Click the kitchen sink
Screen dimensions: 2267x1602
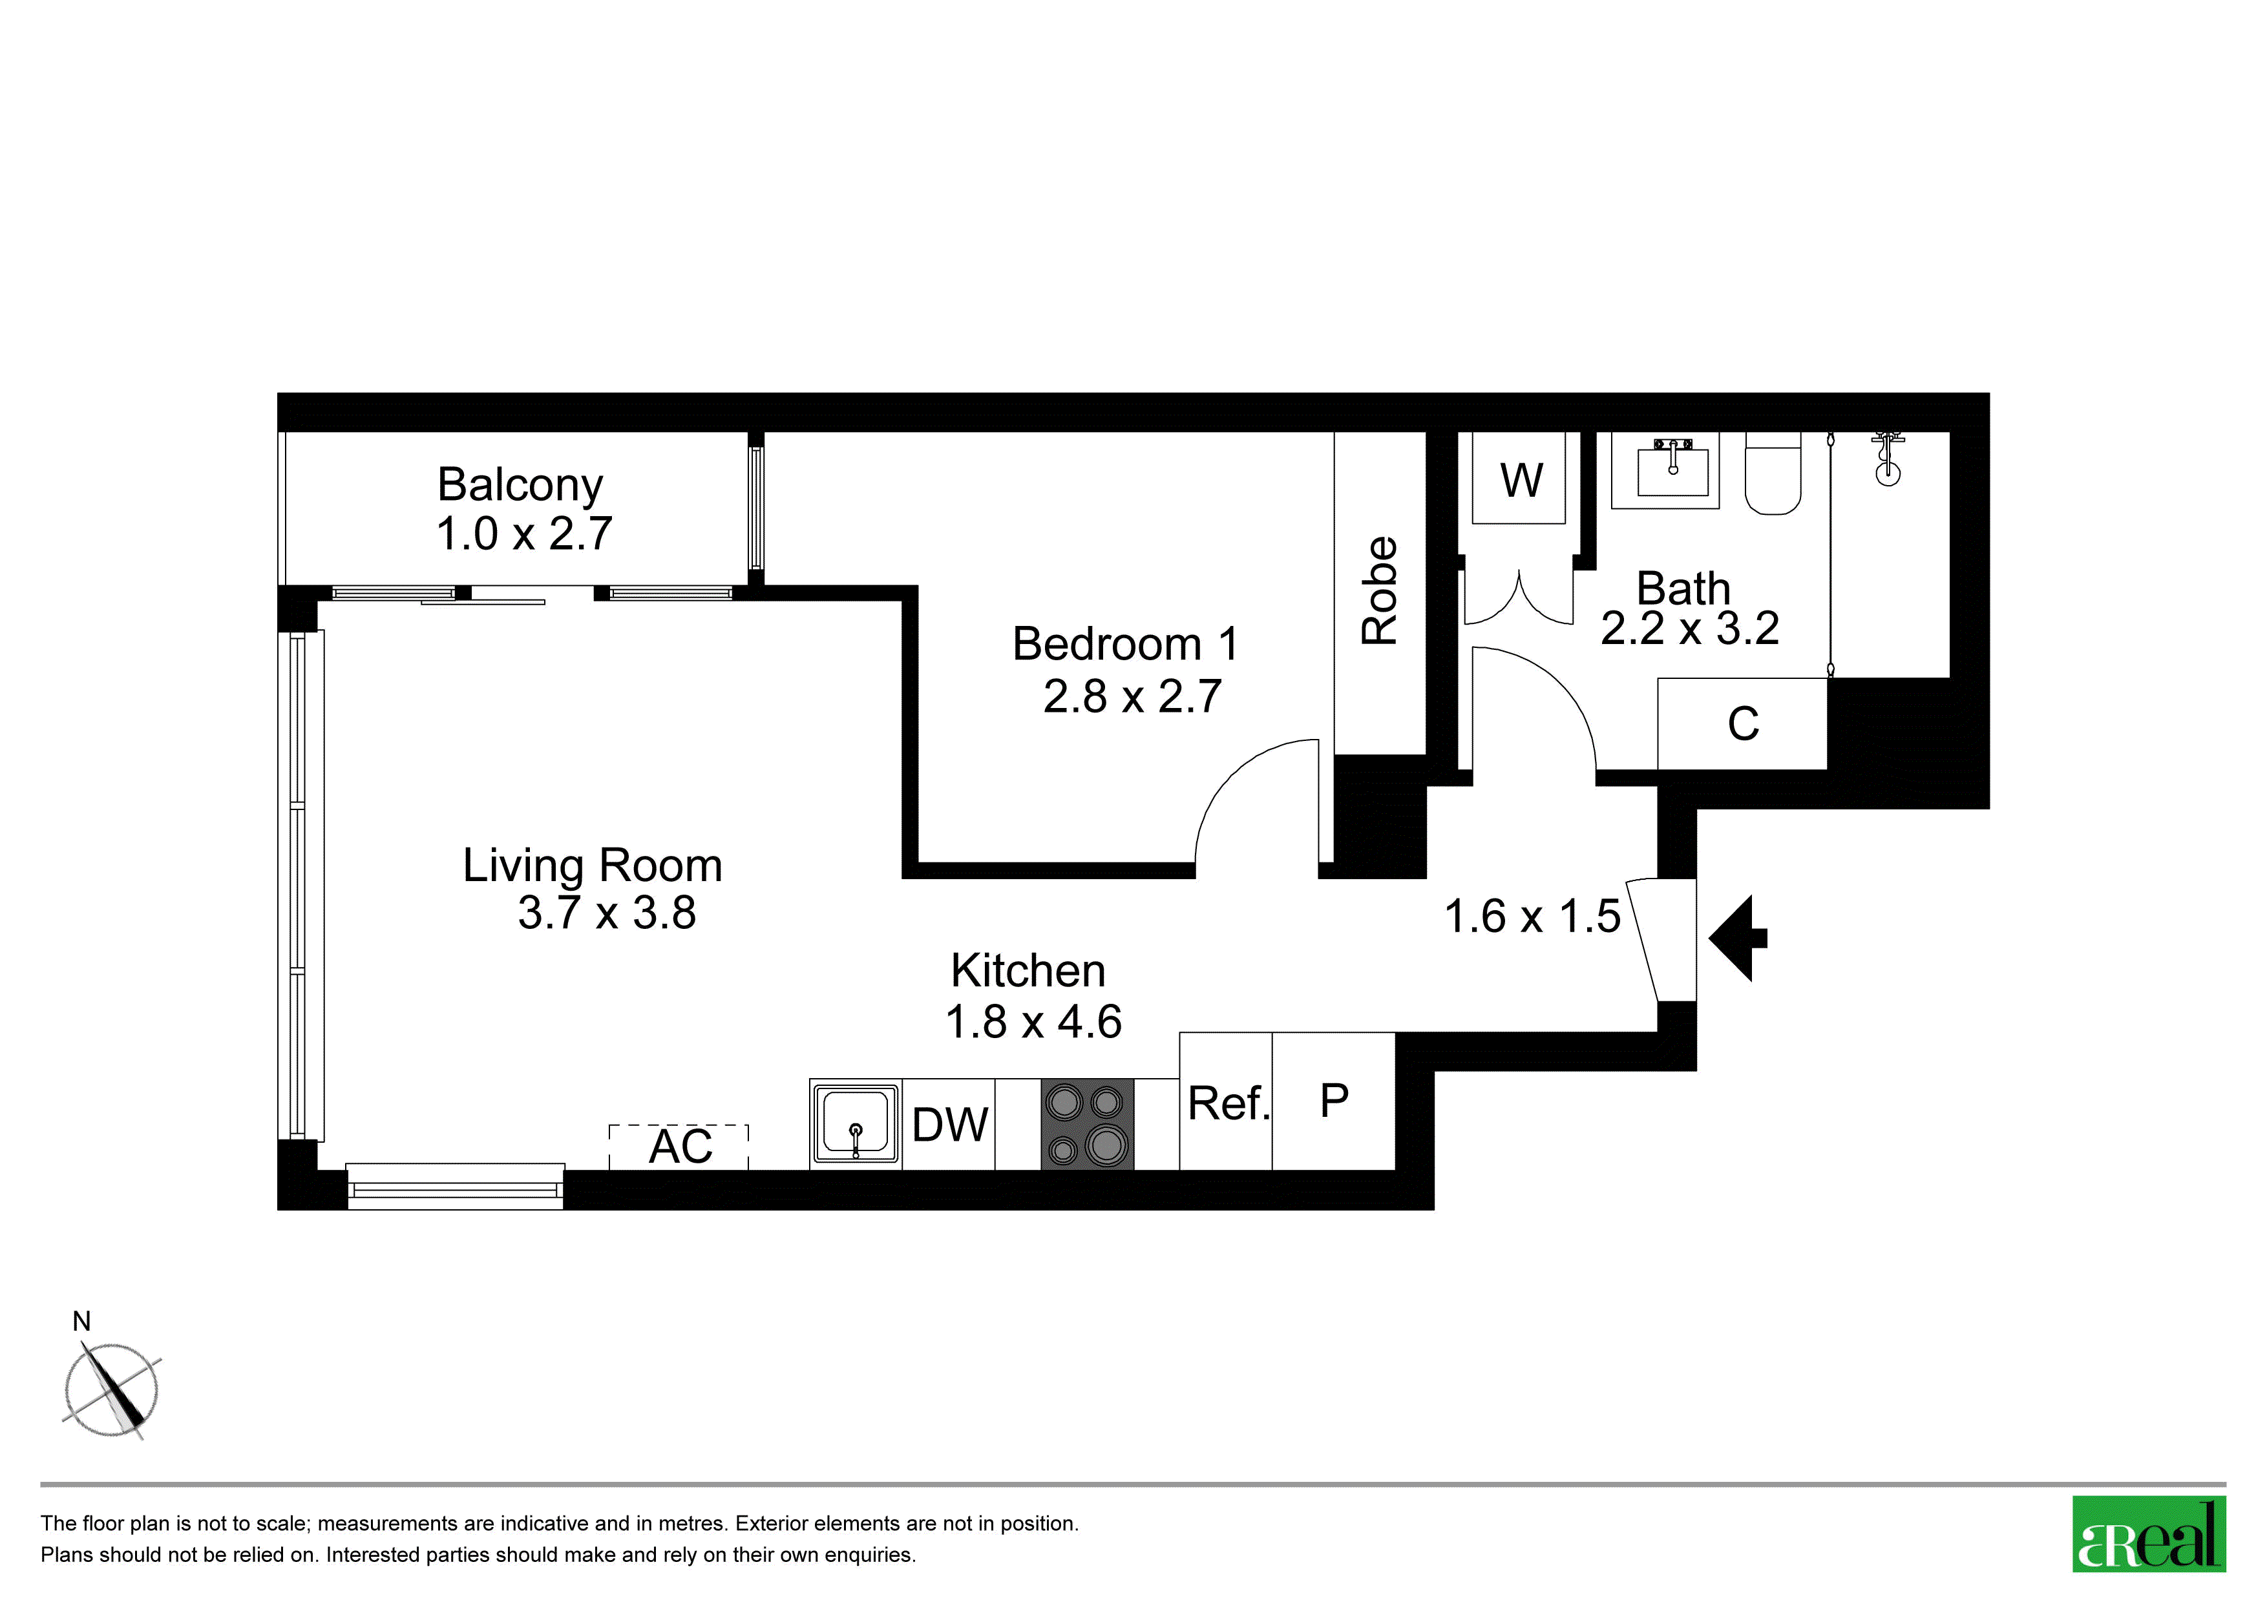(x=855, y=1124)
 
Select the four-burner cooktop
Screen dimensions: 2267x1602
(x=1087, y=1124)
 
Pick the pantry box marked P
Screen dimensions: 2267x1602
(x=1334, y=1101)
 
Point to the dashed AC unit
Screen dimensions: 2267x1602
(x=679, y=1147)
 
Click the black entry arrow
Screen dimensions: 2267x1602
(x=1738, y=938)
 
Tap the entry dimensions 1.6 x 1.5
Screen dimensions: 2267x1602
(x=1532, y=916)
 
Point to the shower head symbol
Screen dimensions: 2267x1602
(x=1888, y=459)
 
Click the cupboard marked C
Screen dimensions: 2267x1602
(x=1743, y=723)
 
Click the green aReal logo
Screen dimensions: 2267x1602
(x=2149, y=1535)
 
